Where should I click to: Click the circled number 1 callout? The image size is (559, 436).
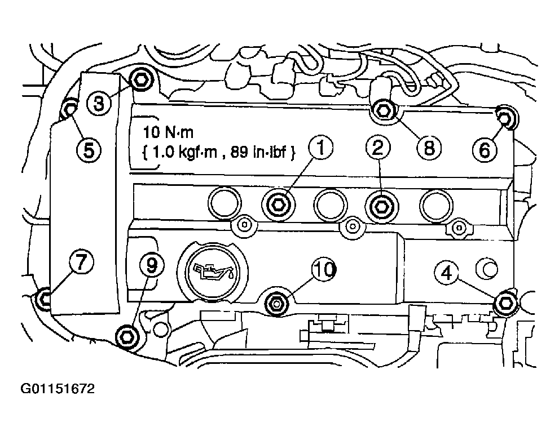320,148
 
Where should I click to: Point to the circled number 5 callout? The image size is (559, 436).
89,149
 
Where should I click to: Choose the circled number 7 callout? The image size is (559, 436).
81,263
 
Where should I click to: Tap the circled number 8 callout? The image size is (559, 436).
429,148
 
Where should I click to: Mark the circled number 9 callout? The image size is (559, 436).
152,265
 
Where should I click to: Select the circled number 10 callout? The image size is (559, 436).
324,269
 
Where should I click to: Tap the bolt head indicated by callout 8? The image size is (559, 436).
383,111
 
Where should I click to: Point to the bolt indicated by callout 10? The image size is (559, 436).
277,303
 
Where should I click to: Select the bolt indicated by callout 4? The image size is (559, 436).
506,304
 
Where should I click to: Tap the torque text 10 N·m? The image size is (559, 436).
168,132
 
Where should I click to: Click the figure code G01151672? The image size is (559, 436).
58,388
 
